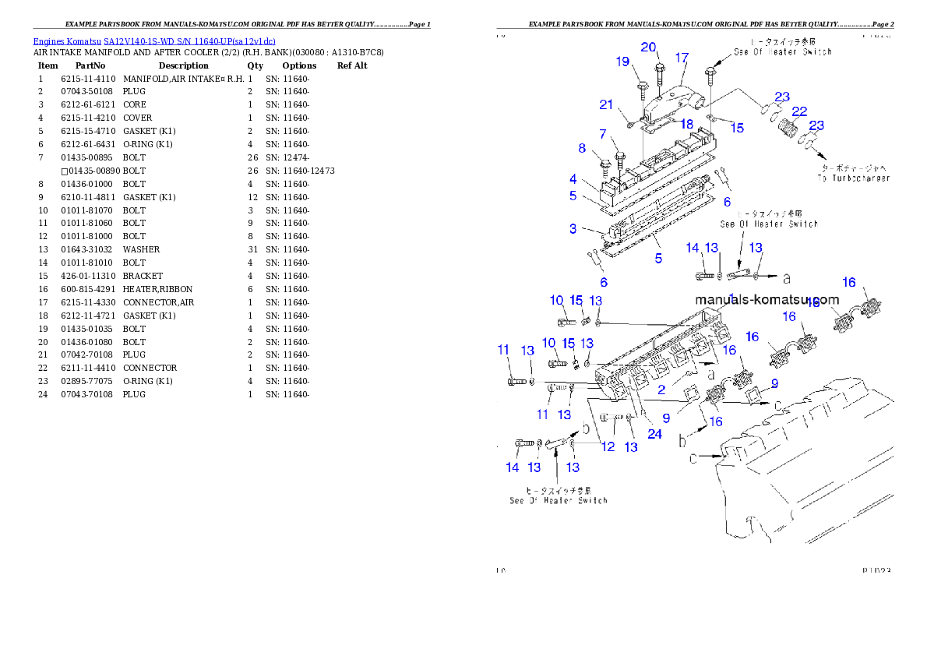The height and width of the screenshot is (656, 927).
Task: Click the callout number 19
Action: coord(622,62)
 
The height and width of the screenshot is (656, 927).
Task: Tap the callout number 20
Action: coord(648,47)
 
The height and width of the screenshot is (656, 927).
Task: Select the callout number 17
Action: coord(682,58)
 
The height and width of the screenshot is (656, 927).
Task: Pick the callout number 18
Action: coord(687,124)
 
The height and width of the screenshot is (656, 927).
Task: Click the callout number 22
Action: coord(799,112)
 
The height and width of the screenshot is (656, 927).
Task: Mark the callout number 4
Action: coord(573,179)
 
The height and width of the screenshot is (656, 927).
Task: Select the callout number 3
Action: coord(573,229)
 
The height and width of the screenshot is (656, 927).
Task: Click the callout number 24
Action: coord(654,434)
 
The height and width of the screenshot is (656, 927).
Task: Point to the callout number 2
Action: coord(661,390)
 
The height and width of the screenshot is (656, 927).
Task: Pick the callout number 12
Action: coord(608,446)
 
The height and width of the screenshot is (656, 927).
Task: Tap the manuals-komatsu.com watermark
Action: coord(767,299)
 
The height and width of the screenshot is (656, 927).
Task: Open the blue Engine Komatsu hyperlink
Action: coord(153,41)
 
